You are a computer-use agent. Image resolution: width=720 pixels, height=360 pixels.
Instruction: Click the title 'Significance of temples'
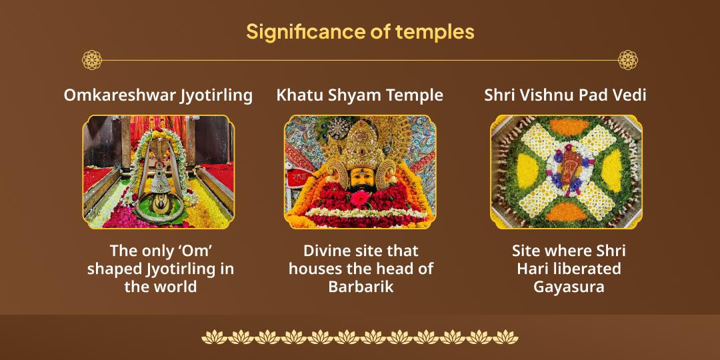pos(360,31)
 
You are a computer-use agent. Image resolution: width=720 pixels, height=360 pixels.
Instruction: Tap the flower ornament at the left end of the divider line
pos(92,60)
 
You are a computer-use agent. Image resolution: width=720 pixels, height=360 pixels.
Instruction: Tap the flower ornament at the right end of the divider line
pos(627,60)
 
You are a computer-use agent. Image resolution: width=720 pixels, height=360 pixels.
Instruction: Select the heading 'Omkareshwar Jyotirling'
pos(158,95)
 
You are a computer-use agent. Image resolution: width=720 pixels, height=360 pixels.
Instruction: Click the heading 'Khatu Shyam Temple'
pos(359,95)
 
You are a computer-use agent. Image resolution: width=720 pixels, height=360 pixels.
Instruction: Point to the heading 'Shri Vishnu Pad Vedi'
pos(565,95)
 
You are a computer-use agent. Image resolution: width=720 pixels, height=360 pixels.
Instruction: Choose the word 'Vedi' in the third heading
pos(631,95)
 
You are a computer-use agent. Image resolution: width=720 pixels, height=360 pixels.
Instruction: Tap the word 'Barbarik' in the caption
pos(361,287)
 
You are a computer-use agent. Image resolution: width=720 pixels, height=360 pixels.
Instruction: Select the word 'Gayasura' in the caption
pos(568,287)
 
